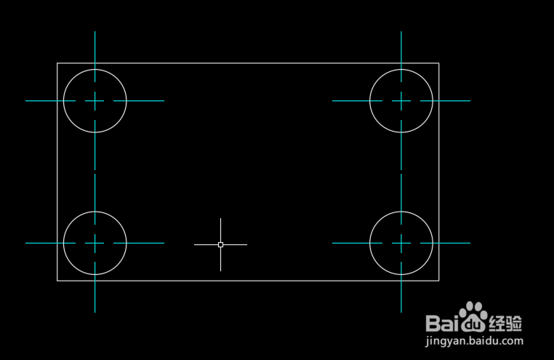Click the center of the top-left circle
(x=95, y=101)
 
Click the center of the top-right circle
(x=401, y=101)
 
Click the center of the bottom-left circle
(x=95, y=243)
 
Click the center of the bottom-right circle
(x=401, y=243)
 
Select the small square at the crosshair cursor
(x=220, y=244)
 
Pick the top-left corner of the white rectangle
(x=57, y=63)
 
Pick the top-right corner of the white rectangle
(x=438, y=63)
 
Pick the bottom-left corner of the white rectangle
(x=57, y=280)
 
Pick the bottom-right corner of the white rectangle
(x=438, y=280)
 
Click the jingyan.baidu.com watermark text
(x=474, y=340)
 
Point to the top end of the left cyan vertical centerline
(x=95, y=32)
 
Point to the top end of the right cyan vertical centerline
(x=401, y=32)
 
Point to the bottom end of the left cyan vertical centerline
(x=95, y=312)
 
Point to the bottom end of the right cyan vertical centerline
(x=401, y=312)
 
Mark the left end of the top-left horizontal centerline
(x=26, y=101)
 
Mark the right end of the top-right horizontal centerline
(x=470, y=101)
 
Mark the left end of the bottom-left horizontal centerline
(x=26, y=243)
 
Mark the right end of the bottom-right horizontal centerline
(x=470, y=243)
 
